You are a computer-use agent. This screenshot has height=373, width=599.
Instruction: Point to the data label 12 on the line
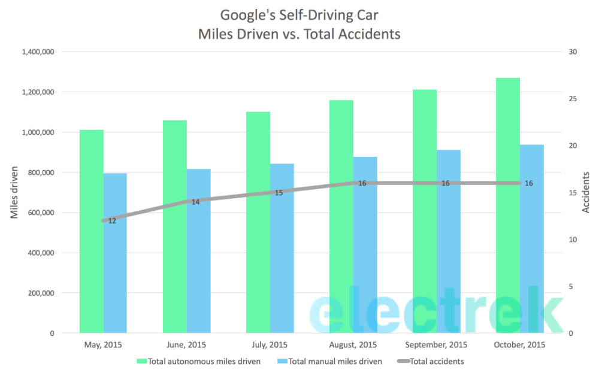coord(112,221)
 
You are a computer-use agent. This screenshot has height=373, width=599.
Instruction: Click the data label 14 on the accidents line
coord(195,202)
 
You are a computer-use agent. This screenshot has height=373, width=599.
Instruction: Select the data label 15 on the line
coord(279,193)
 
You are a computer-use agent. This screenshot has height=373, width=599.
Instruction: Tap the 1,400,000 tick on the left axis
coord(38,52)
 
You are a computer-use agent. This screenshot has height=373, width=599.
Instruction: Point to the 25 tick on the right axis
coord(572,99)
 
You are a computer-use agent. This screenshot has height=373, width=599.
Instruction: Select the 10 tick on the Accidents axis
coord(572,239)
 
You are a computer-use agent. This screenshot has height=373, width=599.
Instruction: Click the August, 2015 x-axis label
coord(353,345)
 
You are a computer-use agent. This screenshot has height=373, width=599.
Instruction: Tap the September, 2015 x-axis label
coord(436,345)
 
